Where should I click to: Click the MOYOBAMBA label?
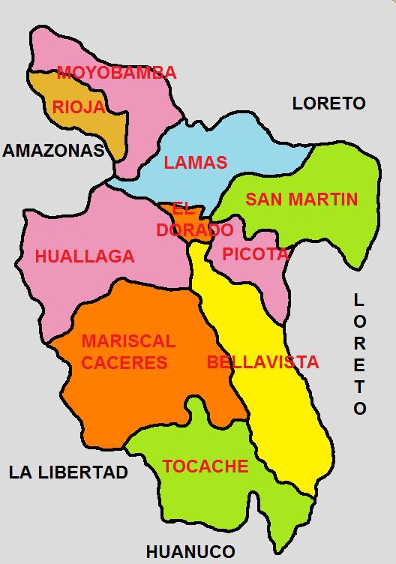click(116, 73)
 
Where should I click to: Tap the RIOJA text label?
click(78, 107)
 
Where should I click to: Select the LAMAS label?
click(195, 163)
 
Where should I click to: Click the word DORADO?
click(195, 230)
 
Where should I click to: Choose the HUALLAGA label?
click(85, 256)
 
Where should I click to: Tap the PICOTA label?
click(255, 254)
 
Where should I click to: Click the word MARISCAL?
click(128, 341)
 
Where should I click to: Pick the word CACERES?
click(124, 363)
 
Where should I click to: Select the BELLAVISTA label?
click(262, 363)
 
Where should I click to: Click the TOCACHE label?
click(205, 466)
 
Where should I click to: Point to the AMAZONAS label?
click(52, 151)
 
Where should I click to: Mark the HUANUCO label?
click(190, 552)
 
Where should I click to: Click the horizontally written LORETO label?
click(328, 103)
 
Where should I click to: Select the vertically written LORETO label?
click(360, 354)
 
